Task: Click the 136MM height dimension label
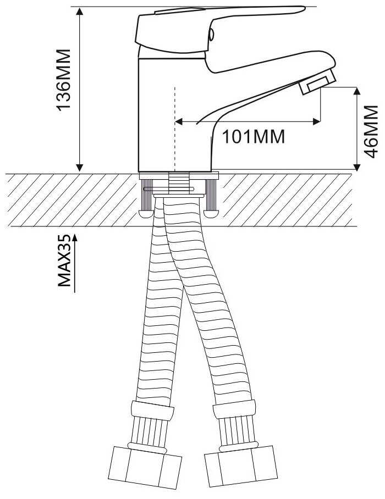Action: (64, 80)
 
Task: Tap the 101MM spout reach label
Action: (254, 136)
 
